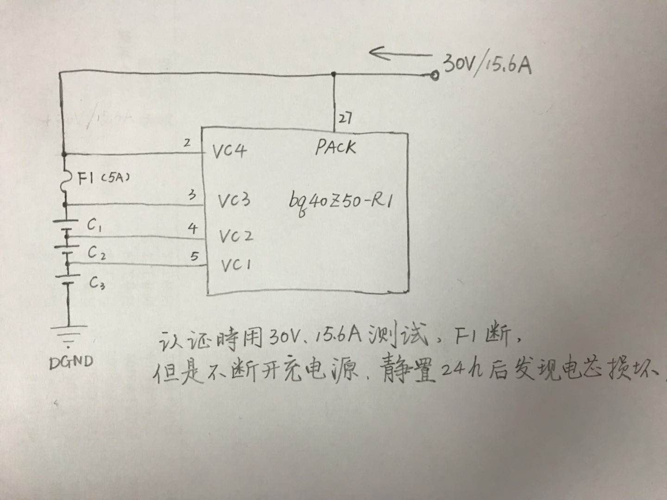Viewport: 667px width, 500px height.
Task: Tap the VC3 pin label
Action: [x=234, y=200]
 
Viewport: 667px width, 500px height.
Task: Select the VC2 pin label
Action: [x=236, y=236]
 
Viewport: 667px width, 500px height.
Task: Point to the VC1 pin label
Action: [x=236, y=265]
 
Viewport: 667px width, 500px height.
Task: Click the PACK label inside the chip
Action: [x=336, y=147]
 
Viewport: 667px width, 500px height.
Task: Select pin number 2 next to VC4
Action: [x=187, y=143]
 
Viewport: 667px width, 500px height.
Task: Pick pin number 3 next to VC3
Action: [x=192, y=195]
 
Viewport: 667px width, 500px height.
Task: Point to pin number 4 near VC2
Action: [x=193, y=228]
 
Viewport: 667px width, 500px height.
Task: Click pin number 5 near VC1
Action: [x=195, y=256]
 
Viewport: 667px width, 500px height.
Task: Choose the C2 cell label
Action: [x=97, y=253]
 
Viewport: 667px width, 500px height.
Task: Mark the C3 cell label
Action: [x=97, y=283]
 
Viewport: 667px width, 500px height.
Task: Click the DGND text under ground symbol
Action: [x=71, y=362]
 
